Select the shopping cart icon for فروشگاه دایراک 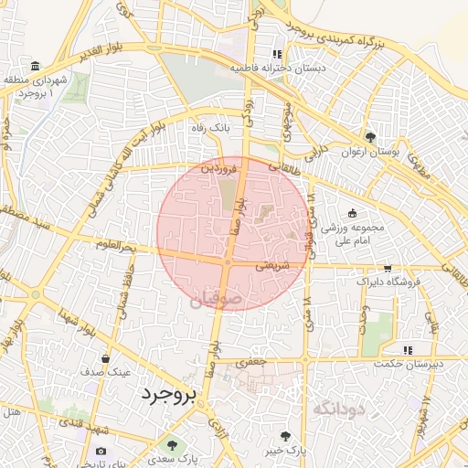point(388,269)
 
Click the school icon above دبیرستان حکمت point(408,349)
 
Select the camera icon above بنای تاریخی point(101,451)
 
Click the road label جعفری point(252,363)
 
